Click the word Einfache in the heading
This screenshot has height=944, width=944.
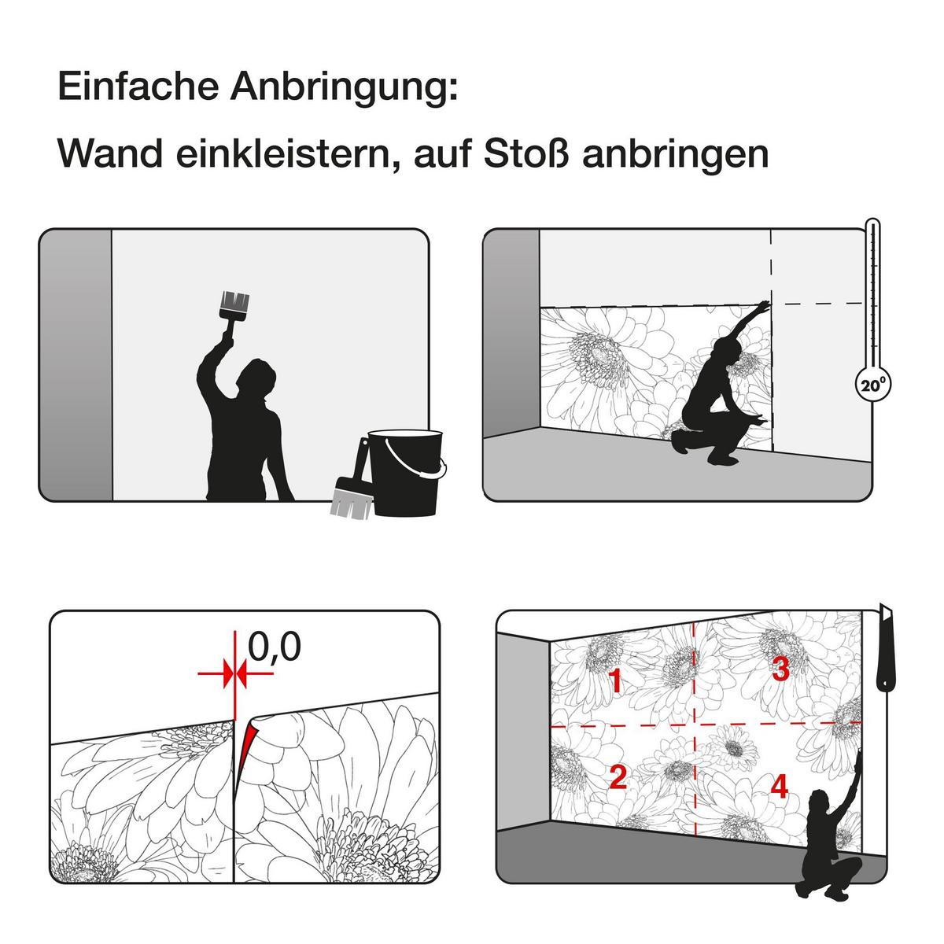click(x=138, y=87)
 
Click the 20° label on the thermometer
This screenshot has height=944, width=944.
click(x=873, y=385)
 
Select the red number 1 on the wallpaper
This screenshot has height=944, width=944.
click(x=615, y=681)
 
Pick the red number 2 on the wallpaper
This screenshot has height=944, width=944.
click(x=618, y=777)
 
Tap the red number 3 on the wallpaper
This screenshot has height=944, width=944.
click(x=781, y=669)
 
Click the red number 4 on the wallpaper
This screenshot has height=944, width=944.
click(x=780, y=786)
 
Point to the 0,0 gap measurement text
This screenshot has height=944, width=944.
click(x=275, y=647)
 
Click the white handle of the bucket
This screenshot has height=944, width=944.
click(x=419, y=459)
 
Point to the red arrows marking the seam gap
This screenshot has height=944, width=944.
click(x=235, y=673)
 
